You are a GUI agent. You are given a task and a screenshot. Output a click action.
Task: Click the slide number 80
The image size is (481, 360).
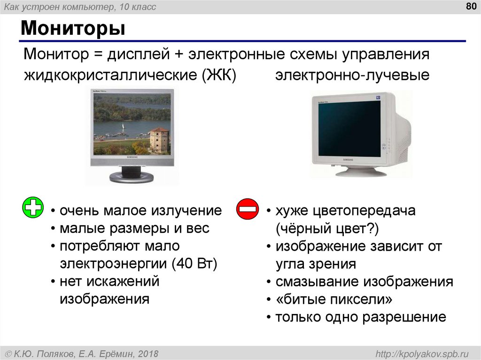tap(470, 6)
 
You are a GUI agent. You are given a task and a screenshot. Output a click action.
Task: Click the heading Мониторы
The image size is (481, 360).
tap(72, 29)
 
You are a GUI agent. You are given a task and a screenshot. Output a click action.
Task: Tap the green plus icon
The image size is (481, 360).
tap(33, 208)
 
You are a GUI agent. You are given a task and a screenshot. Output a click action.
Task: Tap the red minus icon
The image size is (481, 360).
tap(247, 208)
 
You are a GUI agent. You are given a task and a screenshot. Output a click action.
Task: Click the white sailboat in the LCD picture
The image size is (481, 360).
tap(123, 128)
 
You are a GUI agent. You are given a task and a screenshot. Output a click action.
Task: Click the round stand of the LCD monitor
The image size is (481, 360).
tap(131, 177)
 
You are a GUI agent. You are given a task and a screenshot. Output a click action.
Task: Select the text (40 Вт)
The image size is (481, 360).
tap(194, 264)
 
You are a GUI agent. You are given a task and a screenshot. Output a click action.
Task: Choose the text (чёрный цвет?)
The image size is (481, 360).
tap(327, 229)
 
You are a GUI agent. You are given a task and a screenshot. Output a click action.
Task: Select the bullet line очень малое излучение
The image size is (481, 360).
tap(140, 211)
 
